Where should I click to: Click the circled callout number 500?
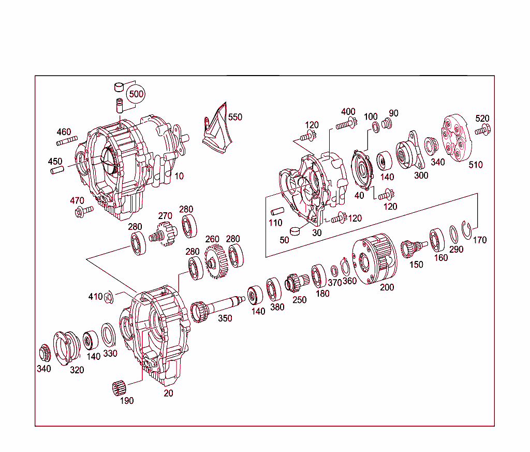(136, 94)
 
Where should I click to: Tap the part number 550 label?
(235, 117)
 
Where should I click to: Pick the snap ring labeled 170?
(468, 229)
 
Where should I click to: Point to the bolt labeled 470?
(82, 211)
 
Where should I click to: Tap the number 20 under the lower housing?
(169, 393)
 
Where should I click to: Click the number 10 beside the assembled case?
(179, 176)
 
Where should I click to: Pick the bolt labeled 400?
(347, 124)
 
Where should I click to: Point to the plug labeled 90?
(386, 124)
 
